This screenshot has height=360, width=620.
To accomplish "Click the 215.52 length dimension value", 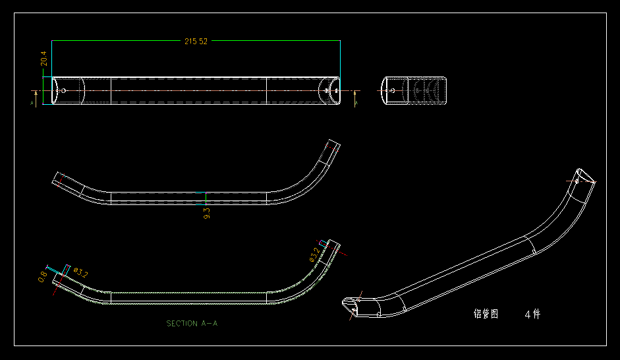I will click(196, 41).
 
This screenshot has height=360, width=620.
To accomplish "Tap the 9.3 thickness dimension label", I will click(206, 212).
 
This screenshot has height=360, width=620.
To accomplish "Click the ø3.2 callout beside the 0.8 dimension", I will click(81, 271).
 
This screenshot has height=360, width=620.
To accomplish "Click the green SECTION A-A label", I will click(192, 324).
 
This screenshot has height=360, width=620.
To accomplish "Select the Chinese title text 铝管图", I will click(486, 315).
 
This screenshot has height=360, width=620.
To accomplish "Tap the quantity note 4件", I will click(532, 315).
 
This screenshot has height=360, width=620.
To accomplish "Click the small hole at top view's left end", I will click(63, 90).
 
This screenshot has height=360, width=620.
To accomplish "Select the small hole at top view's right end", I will click(328, 90).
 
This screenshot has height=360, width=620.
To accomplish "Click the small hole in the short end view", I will click(393, 90).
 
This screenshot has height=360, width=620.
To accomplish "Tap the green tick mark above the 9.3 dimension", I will click(206, 198).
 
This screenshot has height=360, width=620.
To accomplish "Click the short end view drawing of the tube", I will click(415, 90).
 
